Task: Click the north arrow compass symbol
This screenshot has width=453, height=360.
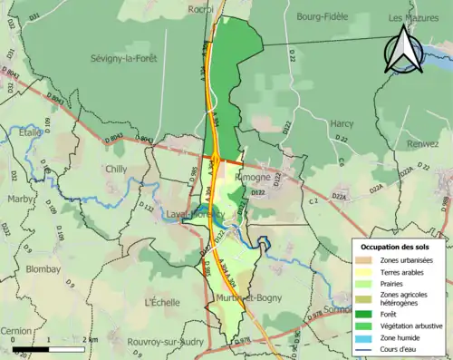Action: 403,51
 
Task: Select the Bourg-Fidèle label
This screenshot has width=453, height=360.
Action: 322,16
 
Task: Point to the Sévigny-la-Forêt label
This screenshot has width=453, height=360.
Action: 124,58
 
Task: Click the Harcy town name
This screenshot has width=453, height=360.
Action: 342,122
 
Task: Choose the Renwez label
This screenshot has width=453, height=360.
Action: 422,143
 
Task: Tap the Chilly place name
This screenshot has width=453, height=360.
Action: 117,169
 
